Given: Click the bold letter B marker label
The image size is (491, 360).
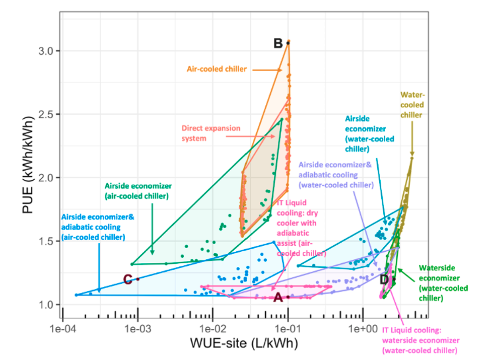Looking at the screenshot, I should (278, 43).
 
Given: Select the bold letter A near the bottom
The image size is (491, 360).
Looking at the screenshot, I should (278, 298).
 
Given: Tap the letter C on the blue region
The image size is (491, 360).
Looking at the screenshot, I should (128, 279).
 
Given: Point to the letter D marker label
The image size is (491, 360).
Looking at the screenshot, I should (384, 279).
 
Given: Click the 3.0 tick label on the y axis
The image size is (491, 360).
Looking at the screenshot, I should (44, 51).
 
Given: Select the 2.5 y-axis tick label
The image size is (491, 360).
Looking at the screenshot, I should (44, 114).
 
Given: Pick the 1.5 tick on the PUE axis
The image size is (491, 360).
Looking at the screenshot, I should (44, 241).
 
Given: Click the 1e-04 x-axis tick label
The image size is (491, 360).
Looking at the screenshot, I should (62, 330).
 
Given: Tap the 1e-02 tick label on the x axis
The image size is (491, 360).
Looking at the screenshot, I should (213, 330).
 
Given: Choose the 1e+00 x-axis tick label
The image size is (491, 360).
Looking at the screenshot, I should (363, 330).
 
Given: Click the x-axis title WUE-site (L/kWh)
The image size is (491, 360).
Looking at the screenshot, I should (244, 344).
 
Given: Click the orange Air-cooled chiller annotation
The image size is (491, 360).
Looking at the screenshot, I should (217, 69).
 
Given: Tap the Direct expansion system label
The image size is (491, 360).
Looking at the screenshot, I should (212, 133).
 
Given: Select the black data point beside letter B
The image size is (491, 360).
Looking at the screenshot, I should (288, 43).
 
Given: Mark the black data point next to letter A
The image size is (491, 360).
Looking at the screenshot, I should (288, 297).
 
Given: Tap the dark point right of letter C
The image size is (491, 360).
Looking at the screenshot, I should (137, 279).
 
